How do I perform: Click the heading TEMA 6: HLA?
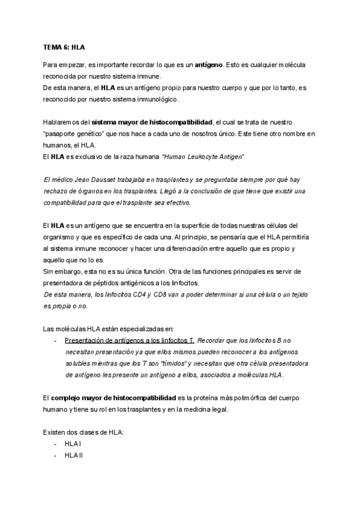pos(65,46)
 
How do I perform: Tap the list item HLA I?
pos(73,444)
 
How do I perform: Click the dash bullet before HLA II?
pos(56,456)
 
